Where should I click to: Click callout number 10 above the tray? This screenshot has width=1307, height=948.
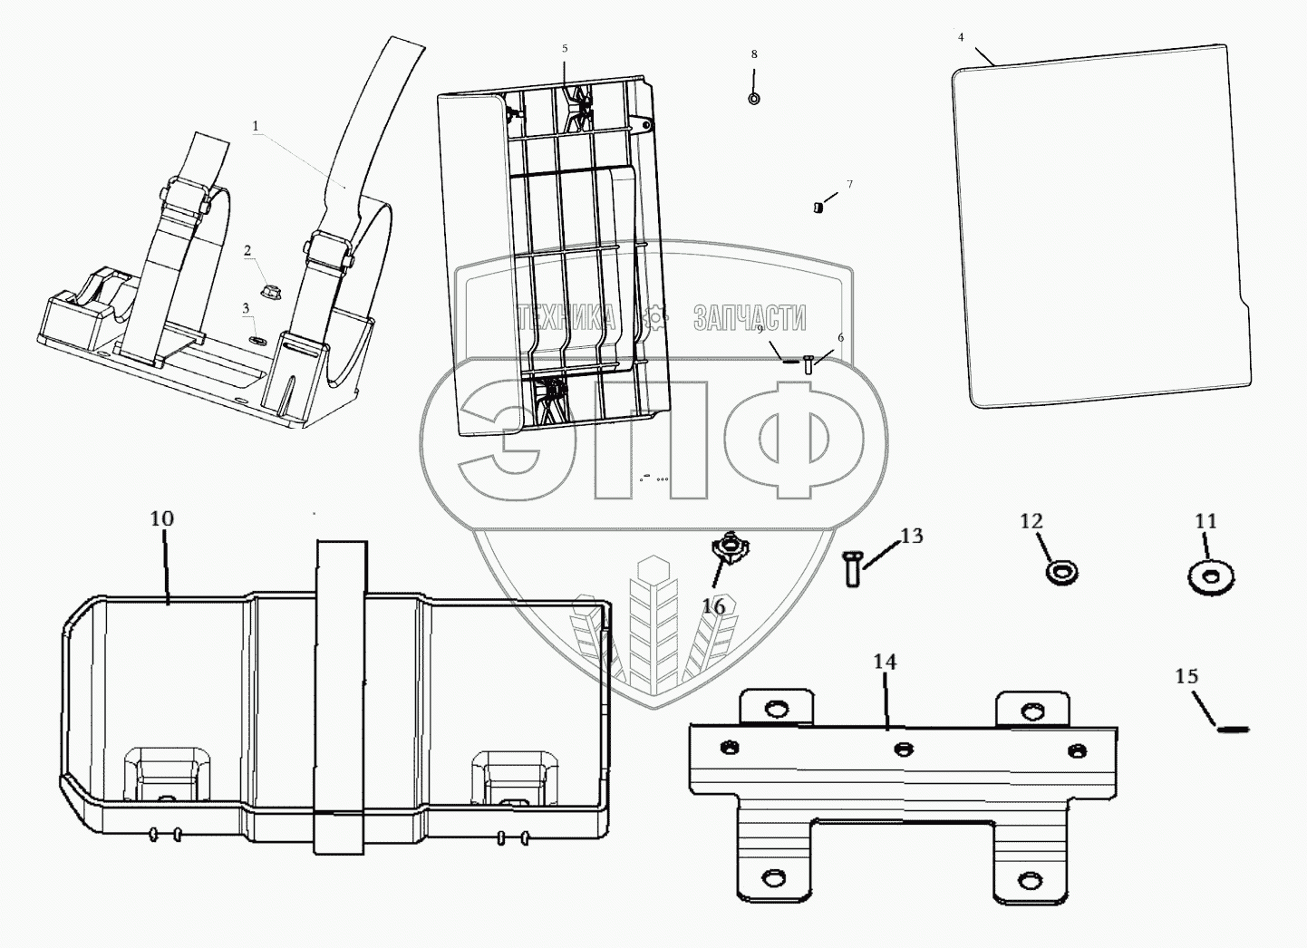click(161, 519)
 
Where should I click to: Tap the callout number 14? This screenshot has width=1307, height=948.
click(885, 663)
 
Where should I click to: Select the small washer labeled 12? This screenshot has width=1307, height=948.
click(1061, 572)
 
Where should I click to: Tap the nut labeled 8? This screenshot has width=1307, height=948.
click(754, 98)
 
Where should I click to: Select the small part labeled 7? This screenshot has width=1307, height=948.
click(818, 207)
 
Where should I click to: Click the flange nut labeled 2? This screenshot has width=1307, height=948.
click(267, 291)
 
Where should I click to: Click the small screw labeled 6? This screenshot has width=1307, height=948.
click(808, 367)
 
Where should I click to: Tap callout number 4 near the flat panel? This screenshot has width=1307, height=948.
click(961, 37)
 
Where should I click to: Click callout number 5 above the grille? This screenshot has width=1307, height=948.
click(564, 47)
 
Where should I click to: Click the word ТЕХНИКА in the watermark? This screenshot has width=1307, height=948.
click(566, 317)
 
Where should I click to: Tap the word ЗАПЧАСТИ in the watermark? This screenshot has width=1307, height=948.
click(749, 317)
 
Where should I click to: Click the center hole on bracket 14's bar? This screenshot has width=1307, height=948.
click(903, 748)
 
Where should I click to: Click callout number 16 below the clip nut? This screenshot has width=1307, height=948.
click(714, 606)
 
